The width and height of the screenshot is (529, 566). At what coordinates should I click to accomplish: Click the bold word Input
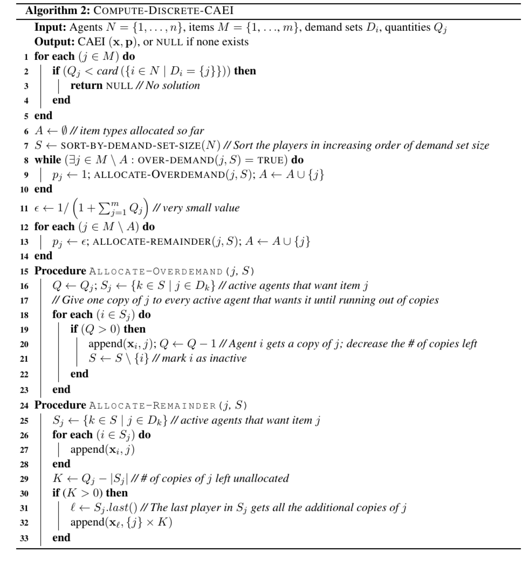(x=50, y=27)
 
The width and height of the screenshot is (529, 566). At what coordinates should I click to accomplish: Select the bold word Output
(x=53, y=42)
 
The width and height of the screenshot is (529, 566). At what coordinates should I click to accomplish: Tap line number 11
(x=24, y=208)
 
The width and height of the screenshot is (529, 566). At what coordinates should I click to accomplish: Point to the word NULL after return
(x=119, y=86)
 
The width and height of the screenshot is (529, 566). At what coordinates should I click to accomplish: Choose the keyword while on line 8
(x=48, y=160)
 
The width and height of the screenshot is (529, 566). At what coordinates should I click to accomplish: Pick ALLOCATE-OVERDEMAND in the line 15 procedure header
(x=155, y=271)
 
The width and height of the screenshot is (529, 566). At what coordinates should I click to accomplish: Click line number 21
(x=24, y=359)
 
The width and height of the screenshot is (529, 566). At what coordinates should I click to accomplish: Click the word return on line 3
(x=86, y=85)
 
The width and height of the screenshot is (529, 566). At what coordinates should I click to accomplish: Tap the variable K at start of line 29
(x=57, y=479)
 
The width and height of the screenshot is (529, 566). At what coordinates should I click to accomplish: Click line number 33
(x=24, y=538)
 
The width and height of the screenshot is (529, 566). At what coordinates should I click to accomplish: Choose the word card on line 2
(x=107, y=71)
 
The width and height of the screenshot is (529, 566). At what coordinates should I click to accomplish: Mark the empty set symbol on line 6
(x=64, y=131)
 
